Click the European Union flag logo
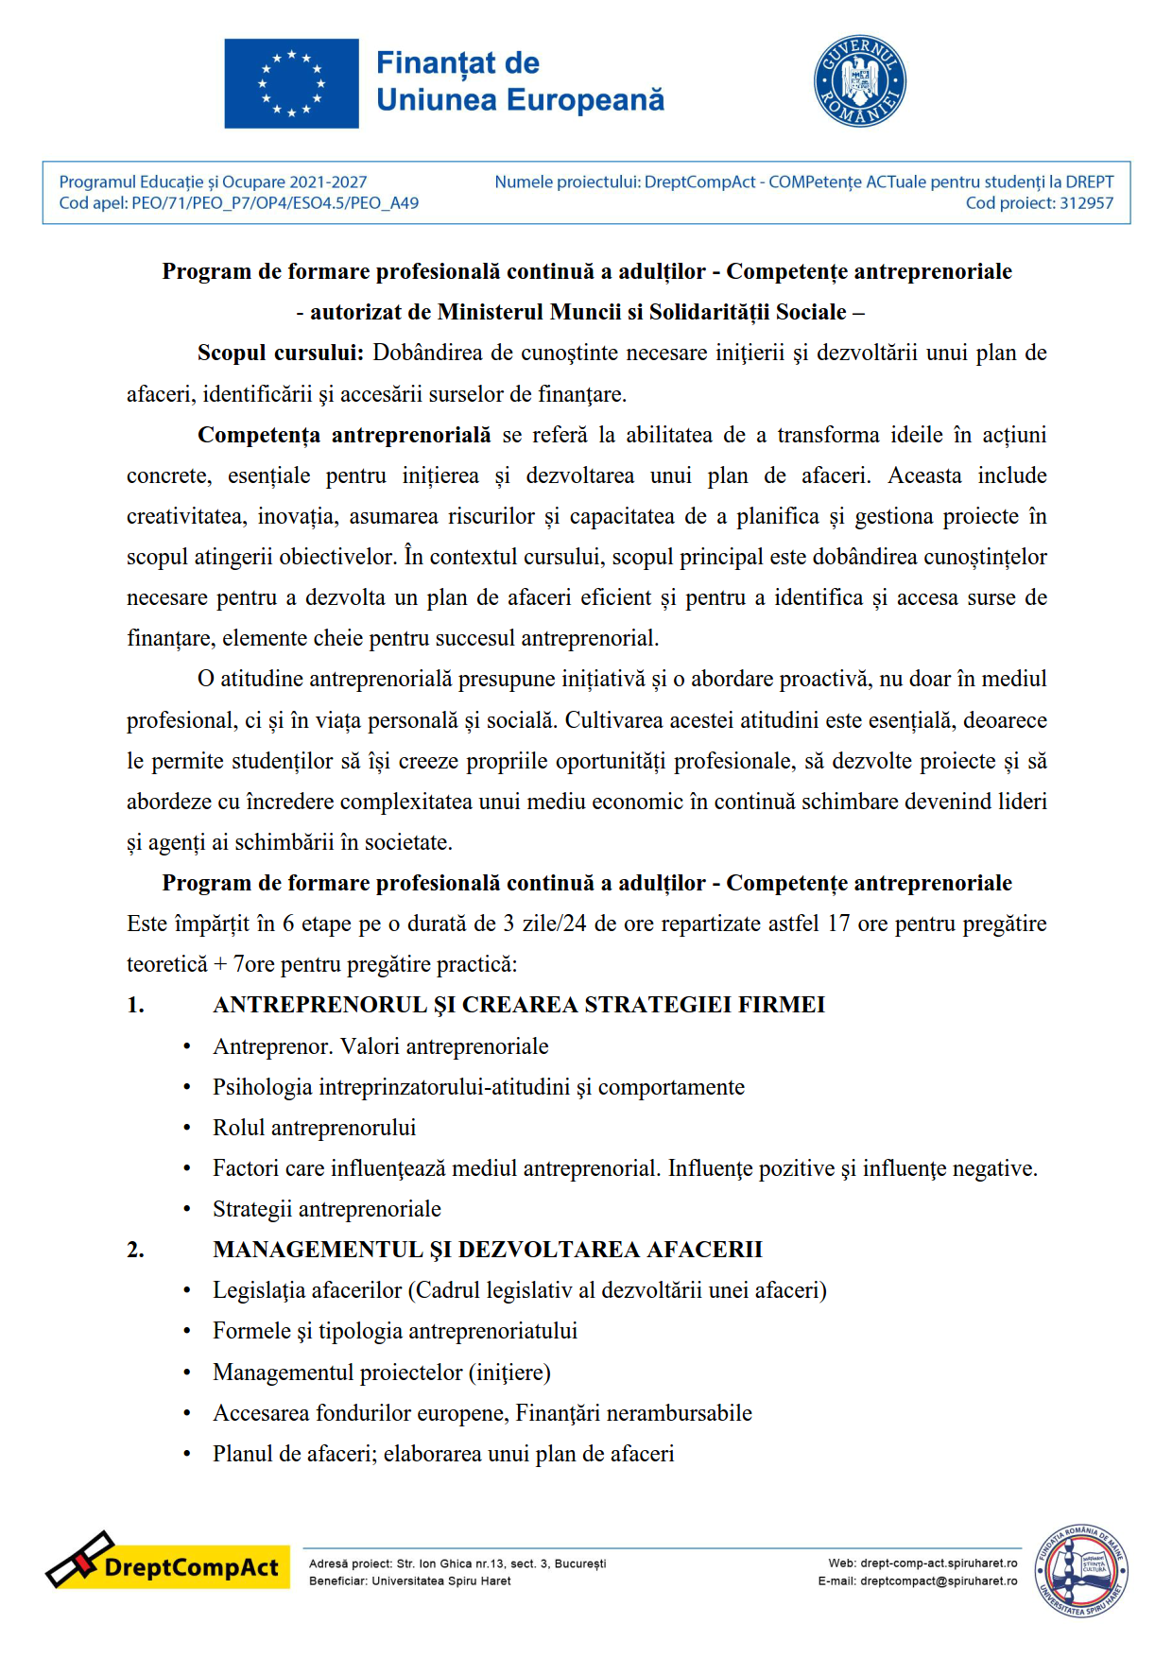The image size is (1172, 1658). (x=291, y=83)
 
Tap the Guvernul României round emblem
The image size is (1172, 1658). (x=859, y=82)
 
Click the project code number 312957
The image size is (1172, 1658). (x=1086, y=203)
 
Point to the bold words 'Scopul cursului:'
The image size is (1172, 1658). (x=280, y=354)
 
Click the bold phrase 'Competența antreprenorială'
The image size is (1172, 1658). (x=344, y=435)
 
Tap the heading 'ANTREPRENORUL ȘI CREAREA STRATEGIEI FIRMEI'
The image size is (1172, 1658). (x=519, y=1005)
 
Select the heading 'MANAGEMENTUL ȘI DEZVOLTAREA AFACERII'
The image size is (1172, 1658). (x=488, y=1250)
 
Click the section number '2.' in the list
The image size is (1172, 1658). (x=136, y=1250)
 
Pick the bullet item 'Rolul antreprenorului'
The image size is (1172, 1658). (x=314, y=1128)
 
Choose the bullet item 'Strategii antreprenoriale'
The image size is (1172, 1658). (x=327, y=1209)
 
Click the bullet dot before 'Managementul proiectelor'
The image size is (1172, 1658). (x=187, y=1373)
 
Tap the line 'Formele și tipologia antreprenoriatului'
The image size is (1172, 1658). (x=395, y=1331)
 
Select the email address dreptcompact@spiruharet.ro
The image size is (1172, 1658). (x=939, y=1581)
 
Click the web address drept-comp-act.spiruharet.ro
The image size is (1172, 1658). (x=939, y=1563)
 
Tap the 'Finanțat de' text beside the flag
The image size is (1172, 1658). (x=457, y=63)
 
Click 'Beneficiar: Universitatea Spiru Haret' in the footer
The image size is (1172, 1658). (x=409, y=1581)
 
